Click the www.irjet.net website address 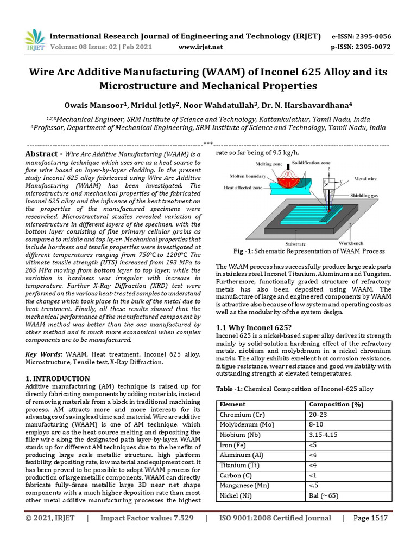(200, 47)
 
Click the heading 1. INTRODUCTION (58, 378)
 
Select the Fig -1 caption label (244, 251)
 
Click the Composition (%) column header (336, 404)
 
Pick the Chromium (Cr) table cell (241, 415)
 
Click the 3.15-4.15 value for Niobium (324, 435)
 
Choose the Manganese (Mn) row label (244, 486)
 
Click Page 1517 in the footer (370, 518)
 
